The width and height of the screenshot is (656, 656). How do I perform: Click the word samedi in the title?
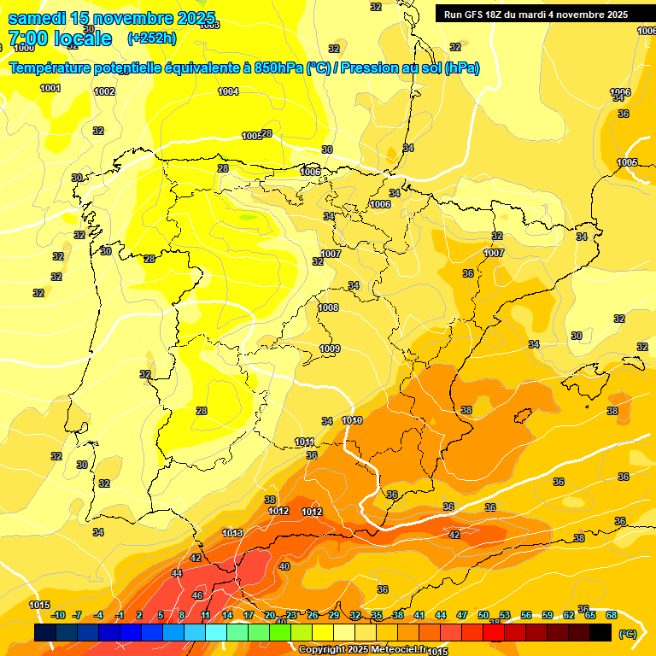coord(39,17)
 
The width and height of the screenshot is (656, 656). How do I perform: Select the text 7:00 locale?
coord(60,38)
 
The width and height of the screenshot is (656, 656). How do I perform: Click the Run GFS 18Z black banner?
coord(536,14)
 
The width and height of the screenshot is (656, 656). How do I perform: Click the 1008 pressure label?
coord(328,307)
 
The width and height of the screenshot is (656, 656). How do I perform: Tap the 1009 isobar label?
coord(330,348)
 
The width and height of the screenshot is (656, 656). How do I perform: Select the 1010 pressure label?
coord(352,420)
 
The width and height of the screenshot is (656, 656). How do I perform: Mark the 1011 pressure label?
coord(305,441)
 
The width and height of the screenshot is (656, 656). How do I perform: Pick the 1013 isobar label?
coord(232,533)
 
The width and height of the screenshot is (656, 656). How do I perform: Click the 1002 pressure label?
coord(104,91)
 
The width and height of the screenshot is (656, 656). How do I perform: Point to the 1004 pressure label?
coord(228,91)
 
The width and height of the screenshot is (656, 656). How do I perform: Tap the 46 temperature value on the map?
coord(197,594)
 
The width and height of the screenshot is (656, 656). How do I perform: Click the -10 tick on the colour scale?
coord(58,615)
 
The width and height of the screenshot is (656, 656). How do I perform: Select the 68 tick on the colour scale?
coord(612,615)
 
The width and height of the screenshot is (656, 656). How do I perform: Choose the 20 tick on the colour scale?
coord(270,615)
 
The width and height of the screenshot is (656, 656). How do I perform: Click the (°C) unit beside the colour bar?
coord(627,633)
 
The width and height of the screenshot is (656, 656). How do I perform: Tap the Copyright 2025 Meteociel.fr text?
coord(362,649)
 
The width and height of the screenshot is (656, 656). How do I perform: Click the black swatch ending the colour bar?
coord(600,632)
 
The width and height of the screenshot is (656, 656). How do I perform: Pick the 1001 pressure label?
coord(50,88)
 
